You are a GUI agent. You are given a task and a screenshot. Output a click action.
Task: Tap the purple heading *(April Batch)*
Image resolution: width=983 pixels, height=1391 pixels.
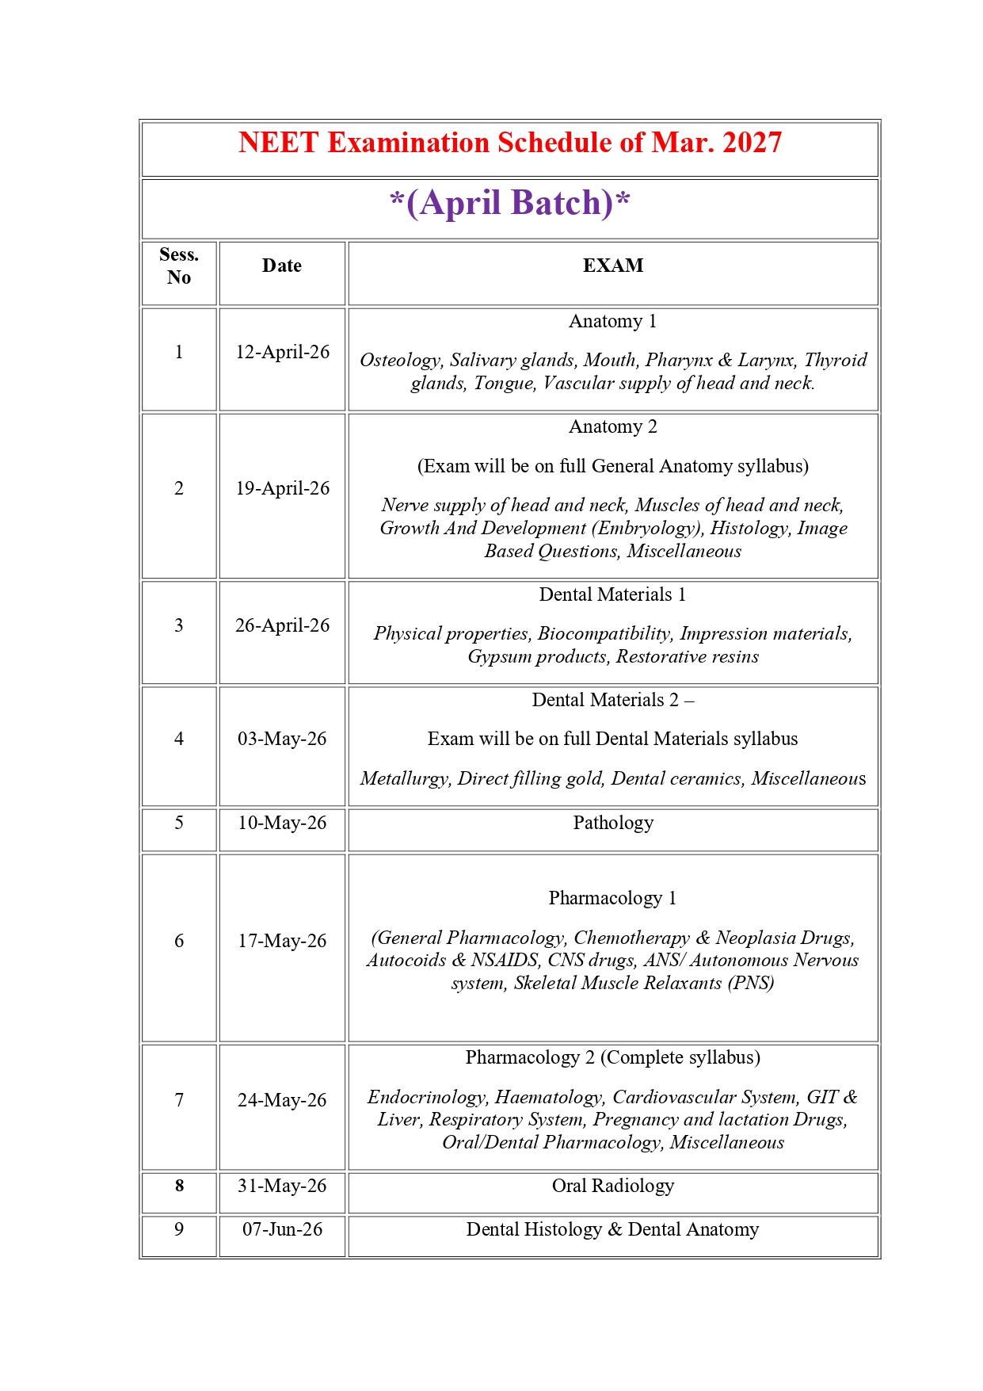(510, 203)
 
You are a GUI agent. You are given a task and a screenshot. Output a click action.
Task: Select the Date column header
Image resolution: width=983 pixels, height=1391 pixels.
(282, 266)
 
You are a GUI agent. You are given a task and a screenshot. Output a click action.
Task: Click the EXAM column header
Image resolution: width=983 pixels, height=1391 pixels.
(613, 266)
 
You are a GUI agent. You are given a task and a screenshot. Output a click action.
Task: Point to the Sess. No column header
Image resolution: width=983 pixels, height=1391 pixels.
(179, 266)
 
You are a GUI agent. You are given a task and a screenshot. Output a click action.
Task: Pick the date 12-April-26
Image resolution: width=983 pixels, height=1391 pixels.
(282, 353)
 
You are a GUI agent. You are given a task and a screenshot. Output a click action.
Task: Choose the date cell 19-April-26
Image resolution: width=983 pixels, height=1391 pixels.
(282, 489)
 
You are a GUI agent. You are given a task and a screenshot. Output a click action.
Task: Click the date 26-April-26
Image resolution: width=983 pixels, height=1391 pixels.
(282, 626)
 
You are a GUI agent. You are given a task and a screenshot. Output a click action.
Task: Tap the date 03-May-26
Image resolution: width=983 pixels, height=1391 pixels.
(282, 739)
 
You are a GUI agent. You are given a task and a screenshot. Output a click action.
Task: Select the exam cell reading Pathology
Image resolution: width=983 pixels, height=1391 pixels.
(613, 824)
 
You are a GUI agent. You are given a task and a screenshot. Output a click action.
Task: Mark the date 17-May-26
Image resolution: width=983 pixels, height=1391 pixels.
(282, 942)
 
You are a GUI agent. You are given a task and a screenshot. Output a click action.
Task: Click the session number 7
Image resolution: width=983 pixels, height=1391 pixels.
(179, 1101)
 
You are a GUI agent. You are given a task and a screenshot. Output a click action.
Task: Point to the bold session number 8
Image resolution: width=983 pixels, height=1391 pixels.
(179, 1187)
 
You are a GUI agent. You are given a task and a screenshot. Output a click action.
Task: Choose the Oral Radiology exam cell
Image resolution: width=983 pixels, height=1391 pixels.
(613, 1187)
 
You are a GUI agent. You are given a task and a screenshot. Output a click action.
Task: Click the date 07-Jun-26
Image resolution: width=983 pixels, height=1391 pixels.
(282, 1230)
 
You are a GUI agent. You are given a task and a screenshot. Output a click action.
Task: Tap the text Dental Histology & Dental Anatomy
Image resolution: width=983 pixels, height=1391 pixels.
(612, 1230)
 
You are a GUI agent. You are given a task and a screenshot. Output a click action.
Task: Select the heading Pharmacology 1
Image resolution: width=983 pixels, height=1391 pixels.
(612, 899)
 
